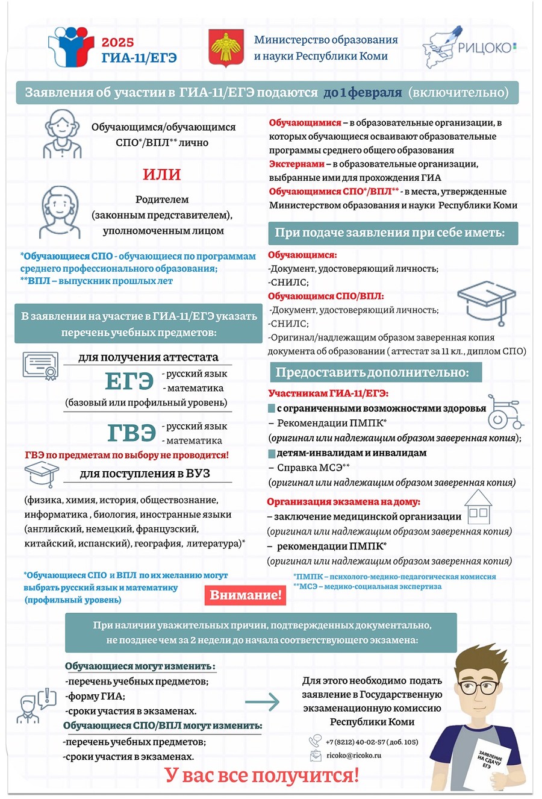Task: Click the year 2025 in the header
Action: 118,43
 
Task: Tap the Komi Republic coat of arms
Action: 226,48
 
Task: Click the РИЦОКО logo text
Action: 485,48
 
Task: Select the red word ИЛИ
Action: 161,175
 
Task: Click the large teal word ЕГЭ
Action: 129,381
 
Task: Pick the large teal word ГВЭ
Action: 132,433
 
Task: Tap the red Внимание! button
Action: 245,595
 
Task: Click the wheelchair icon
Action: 505,412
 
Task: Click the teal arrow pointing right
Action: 263,702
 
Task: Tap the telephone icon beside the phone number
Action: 315,741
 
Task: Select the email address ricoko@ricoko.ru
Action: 354,756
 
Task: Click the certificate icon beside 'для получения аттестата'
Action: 40,366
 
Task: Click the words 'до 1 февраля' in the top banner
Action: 363,93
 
